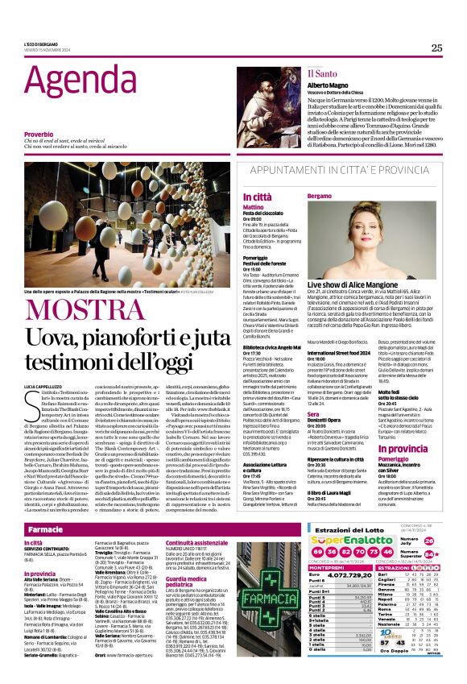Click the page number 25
pos(436,48)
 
